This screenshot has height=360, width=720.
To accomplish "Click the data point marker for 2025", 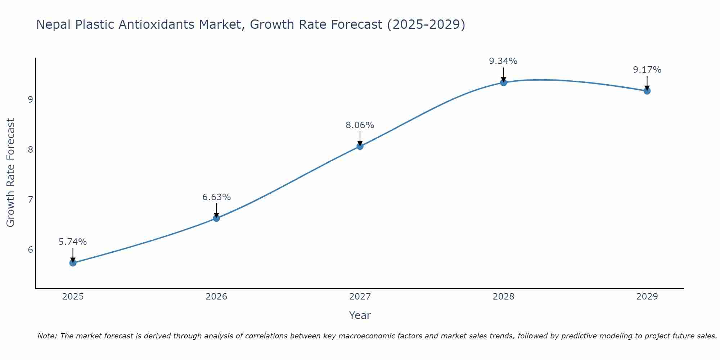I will tap(73, 263).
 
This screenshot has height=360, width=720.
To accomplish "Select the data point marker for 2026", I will tap(216, 218).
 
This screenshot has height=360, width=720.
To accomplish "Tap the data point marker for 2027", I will tap(360, 146).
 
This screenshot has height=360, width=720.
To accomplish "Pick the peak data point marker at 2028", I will tap(503, 82).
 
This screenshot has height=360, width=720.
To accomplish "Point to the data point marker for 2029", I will tap(647, 91).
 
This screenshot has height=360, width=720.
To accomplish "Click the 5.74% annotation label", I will tap(73, 242).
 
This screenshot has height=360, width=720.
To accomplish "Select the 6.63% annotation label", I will tap(216, 197).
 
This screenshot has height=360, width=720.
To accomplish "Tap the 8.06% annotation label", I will tap(360, 125).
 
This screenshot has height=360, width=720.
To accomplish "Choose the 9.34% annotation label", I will tap(503, 61).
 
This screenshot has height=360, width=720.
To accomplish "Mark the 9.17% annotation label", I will tap(647, 70).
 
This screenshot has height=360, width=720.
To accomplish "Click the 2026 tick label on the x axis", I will tap(216, 297).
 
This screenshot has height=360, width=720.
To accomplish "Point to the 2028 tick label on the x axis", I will tap(503, 297).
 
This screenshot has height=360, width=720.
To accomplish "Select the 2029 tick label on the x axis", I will tap(647, 297).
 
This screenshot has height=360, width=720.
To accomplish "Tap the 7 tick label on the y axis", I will tap(30, 199).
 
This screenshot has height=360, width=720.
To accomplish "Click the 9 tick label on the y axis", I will tap(30, 99).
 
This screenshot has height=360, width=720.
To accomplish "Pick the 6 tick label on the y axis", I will tap(30, 249).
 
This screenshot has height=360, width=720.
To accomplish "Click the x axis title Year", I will tap(360, 315).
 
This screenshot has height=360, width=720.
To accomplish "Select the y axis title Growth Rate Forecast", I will tap(11, 173).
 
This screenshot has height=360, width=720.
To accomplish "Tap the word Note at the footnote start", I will tap(47, 336).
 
